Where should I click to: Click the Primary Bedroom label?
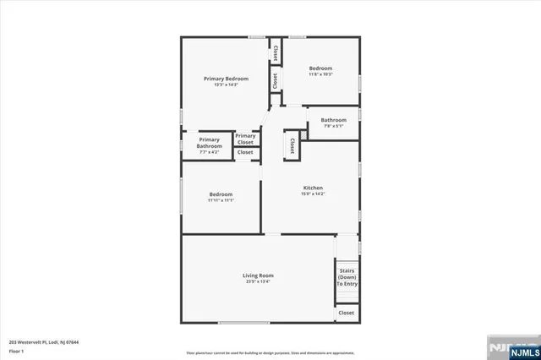(227, 79)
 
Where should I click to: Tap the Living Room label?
(259, 275)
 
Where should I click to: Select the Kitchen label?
(313, 188)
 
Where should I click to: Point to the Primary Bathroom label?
(210, 143)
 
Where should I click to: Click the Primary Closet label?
(246, 139)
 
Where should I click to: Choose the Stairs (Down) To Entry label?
(347, 277)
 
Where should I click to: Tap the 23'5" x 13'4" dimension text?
(259, 281)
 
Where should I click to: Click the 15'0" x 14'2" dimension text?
(313, 194)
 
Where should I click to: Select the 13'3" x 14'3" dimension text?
(227, 85)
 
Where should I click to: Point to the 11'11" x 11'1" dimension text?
(221, 200)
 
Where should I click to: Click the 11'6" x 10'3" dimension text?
(320, 74)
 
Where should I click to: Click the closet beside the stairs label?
(347, 313)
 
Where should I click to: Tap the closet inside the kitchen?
(292, 145)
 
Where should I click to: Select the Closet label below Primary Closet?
(245, 152)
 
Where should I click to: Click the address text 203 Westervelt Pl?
(44, 341)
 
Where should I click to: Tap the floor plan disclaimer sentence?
(270, 352)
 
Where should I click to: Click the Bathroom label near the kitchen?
(333, 120)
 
